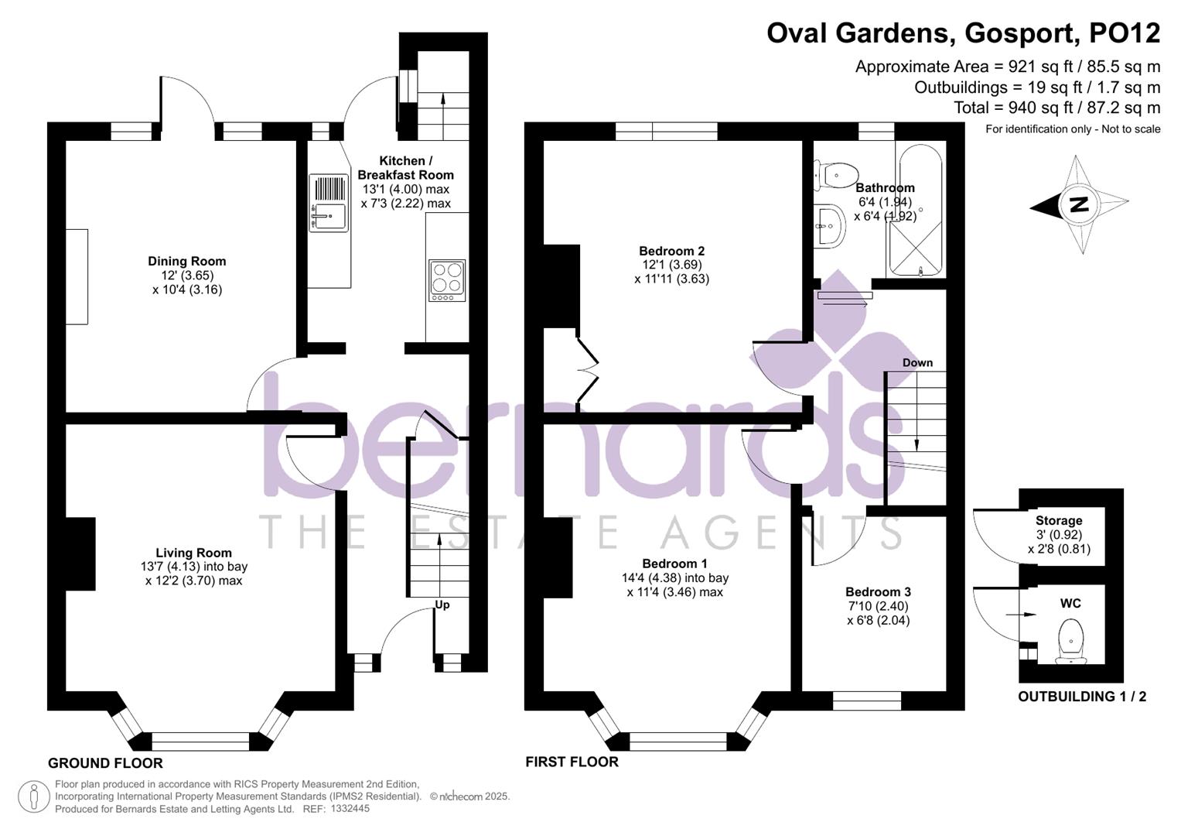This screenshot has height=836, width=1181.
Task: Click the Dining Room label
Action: click(186, 262)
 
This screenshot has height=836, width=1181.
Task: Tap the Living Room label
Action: click(193, 553)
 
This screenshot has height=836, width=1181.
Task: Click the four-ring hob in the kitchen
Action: click(447, 280)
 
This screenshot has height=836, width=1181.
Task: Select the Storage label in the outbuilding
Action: click(1059, 521)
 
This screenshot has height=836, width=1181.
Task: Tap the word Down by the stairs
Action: click(917, 362)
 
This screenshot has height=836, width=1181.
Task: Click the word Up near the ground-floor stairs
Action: click(442, 605)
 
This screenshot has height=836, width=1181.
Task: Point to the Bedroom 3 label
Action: click(878, 591)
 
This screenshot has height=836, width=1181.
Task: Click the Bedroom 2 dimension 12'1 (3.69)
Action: click(671, 265)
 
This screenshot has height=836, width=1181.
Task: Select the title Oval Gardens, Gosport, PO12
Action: click(963, 33)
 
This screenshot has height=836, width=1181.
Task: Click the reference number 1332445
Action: click(350, 809)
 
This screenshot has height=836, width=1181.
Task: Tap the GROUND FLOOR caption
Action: click(105, 763)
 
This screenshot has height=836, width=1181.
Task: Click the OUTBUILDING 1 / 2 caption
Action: click(1081, 697)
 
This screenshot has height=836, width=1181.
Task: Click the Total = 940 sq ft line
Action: click(1056, 108)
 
